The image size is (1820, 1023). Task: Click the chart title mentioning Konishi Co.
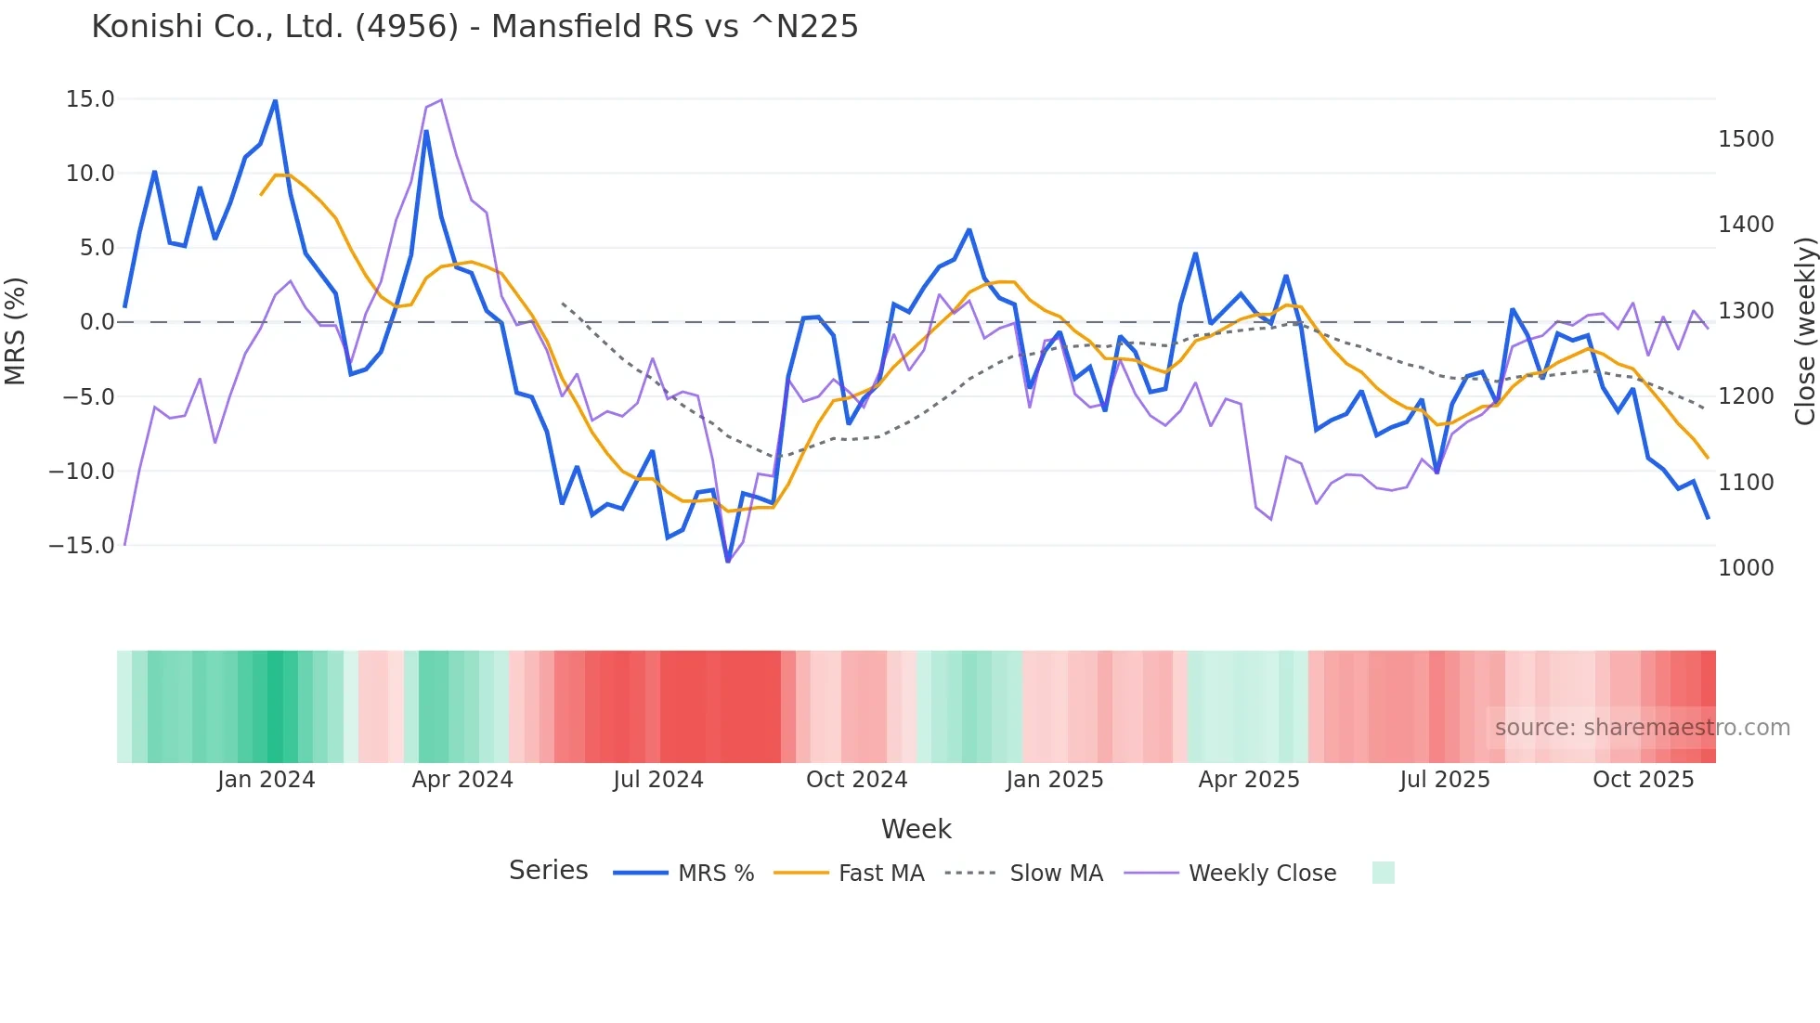[474, 27]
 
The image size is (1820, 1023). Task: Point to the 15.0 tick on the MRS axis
[90, 99]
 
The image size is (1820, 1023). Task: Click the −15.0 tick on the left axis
[82, 546]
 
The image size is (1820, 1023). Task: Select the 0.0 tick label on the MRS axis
[97, 322]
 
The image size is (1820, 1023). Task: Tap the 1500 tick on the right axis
[1746, 139]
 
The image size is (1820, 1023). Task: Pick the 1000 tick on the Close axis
[1746, 568]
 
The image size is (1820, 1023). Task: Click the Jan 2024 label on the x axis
[266, 780]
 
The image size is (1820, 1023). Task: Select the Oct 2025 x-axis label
[1643, 780]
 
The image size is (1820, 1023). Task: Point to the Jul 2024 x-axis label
[658, 780]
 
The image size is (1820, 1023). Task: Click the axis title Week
[916, 829]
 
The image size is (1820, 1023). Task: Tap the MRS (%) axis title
[16, 330]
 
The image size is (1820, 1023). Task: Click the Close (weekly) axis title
[1804, 331]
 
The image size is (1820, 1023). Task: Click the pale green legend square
[1383, 873]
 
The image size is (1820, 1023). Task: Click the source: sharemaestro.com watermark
[1642, 728]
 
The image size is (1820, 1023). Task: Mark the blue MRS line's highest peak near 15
[275, 100]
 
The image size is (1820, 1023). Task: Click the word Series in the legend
[548, 871]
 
